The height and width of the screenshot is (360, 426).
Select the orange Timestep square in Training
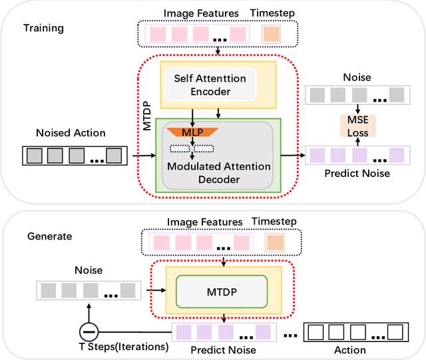[x=271, y=35]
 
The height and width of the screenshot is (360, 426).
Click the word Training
[x=44, y=28]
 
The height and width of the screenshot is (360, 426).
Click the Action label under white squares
[x=350, y=349]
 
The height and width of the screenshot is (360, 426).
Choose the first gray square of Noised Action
[x=35, y=156]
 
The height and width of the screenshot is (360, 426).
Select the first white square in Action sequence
[x=316, y=331]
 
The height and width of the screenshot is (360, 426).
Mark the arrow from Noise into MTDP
[x=154, y=290]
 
